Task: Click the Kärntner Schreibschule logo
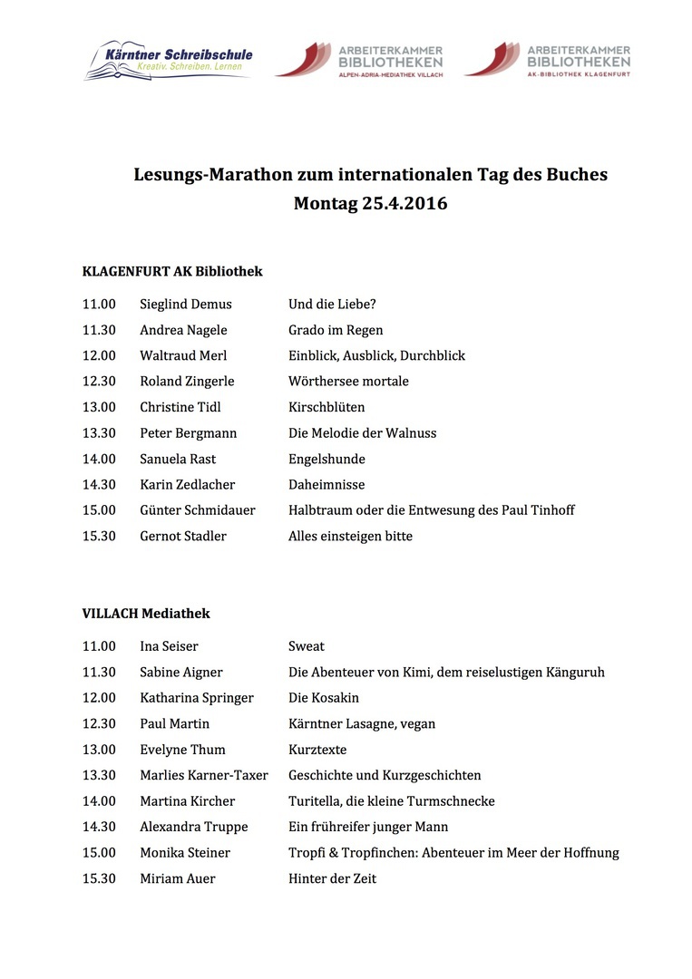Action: point(169,59)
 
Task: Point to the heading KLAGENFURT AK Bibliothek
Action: point(172,271)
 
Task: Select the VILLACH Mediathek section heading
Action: point(146,614)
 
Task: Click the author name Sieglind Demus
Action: point(186,305)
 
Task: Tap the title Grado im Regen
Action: point(336,330)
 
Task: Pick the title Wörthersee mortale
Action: point(348,382)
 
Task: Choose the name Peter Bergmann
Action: point(188,433)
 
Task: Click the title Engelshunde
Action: point(327,459)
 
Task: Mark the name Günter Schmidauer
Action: point(198,510)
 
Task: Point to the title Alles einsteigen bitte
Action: point(350,537)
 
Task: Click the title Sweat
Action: point(307,646)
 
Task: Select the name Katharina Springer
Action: point(197,698)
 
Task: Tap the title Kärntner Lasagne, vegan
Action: point(362,724)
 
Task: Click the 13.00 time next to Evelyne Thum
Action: point(100,750)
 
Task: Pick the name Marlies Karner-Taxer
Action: point(204,776)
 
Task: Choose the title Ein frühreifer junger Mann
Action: point(368,828)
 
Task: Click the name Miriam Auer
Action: point(178,879)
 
